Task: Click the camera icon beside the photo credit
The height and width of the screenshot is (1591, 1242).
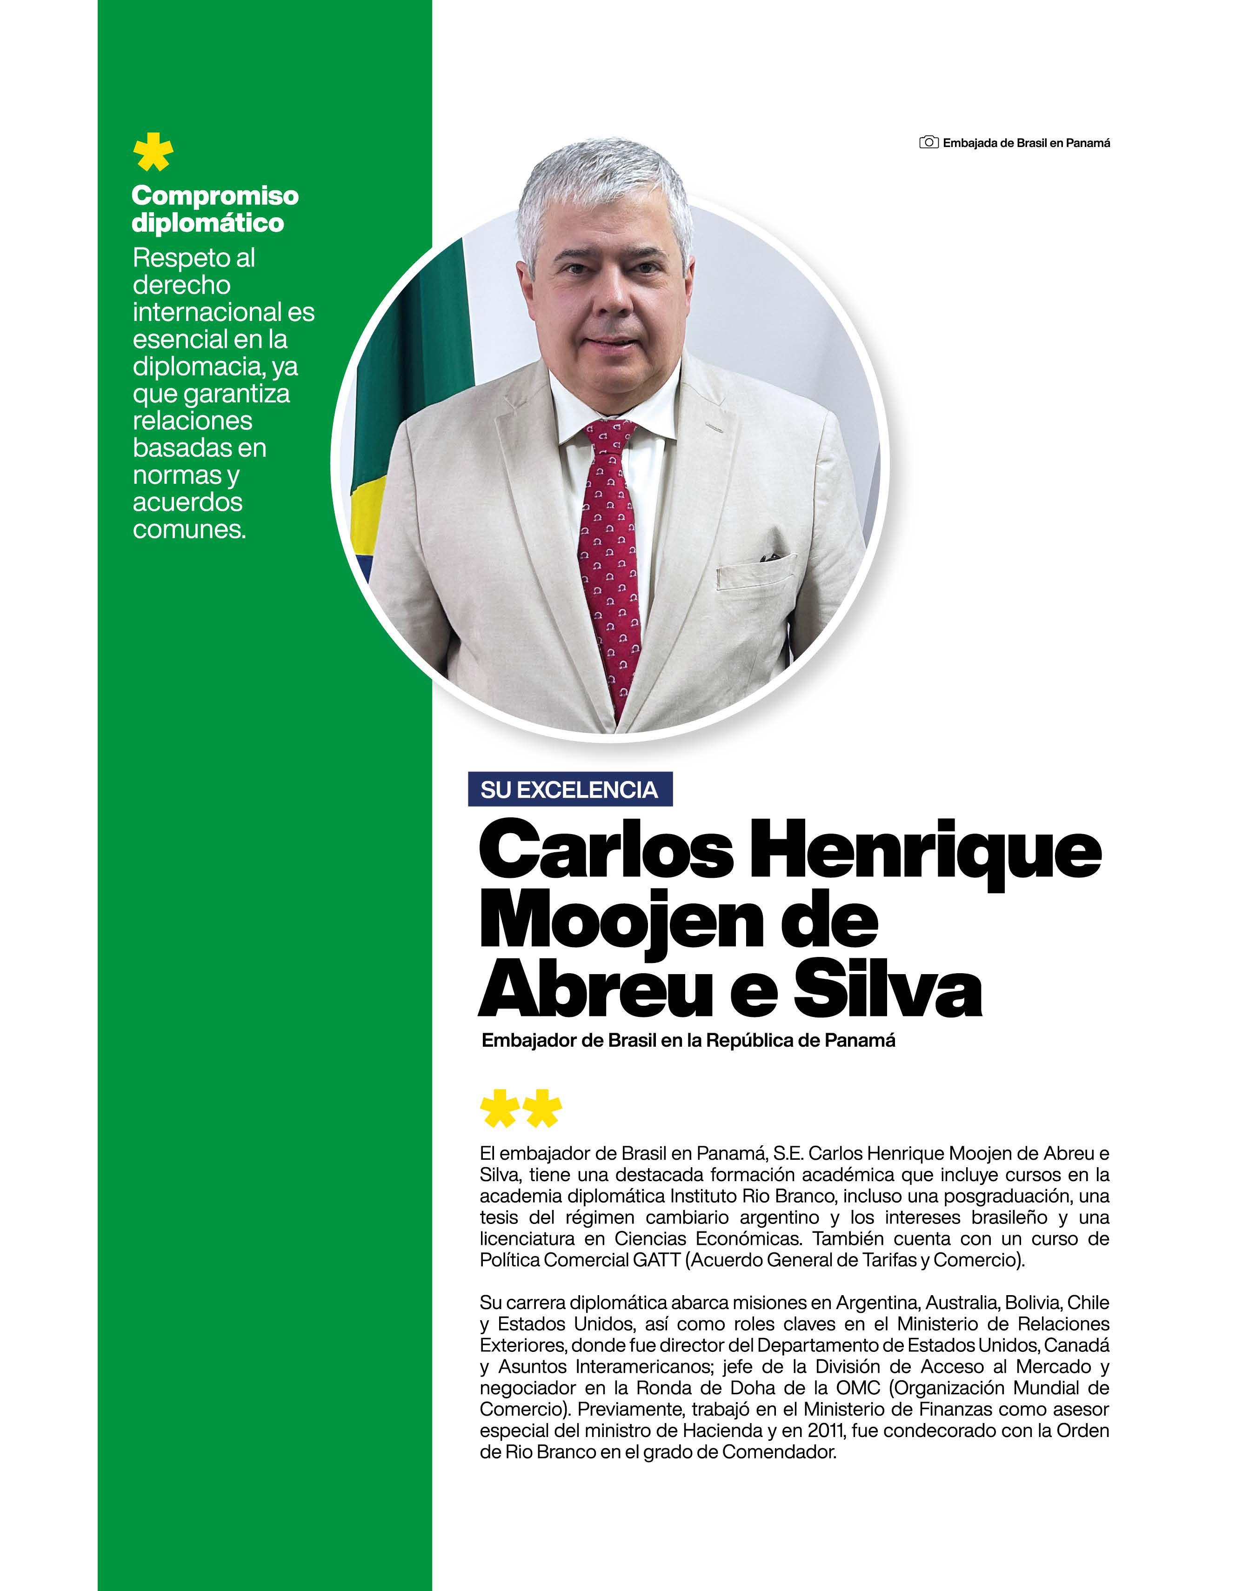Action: click(928, 143)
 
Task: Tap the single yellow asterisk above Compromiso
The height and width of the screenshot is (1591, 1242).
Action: click(154, 152)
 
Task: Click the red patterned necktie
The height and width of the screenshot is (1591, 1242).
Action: click(610, 554)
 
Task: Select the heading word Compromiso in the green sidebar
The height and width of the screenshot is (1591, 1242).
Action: click(215, 196)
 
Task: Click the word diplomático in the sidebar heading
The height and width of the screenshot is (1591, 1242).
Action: click(207, 223)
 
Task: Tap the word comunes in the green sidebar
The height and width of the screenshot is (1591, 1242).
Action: click(189, 529)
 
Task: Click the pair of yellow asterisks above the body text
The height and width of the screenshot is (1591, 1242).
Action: click(521, 1109)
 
